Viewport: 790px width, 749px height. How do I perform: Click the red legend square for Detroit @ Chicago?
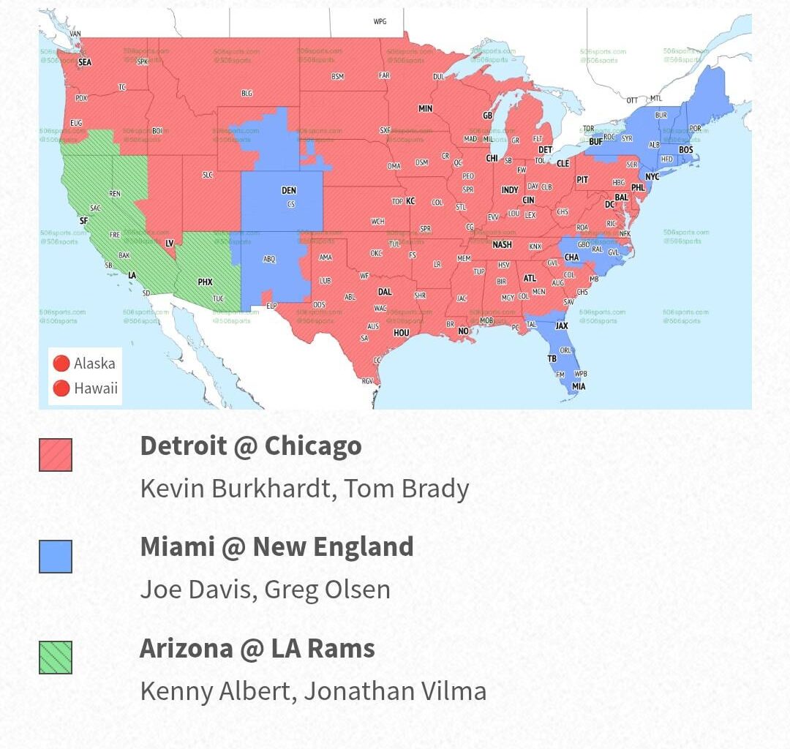[x=56, y=455]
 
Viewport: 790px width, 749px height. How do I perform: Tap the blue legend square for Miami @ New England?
[x=56, y=557]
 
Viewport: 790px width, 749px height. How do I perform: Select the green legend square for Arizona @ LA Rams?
[x=56, y=657]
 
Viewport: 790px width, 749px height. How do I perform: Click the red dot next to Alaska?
[x=61, y=364]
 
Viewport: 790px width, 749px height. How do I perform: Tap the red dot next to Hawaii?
[x=61, y=388]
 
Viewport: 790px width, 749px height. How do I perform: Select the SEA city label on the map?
[x=85, y=63]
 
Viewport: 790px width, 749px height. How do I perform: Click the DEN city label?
[x=289, y=191]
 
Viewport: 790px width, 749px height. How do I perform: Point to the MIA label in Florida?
[x=579, y=386]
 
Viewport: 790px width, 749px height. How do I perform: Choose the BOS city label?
[x=685, y=150]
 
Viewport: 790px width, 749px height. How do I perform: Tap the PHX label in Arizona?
[x=205, y=282]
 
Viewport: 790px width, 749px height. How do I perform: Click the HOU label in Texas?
[x=402, y=333]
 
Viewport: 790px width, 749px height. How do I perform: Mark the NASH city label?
[x=502, y=245]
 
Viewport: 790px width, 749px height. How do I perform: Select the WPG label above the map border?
[x=380, y=21]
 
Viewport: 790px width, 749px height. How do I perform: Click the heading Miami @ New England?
[x=276, y=547]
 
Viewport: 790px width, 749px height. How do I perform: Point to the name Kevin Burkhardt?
[x=235, y=489]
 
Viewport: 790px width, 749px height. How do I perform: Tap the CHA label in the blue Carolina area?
[x=572, y=257]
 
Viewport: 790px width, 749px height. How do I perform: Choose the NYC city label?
[x=652, y=177]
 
